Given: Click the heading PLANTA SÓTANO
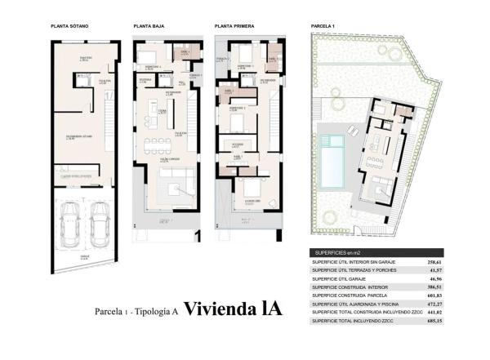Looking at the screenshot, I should point(69,26).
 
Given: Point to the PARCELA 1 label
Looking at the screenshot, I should point(323,26).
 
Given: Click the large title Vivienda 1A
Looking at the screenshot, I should point(233,309).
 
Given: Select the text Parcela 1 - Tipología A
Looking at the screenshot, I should point(136,311).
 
